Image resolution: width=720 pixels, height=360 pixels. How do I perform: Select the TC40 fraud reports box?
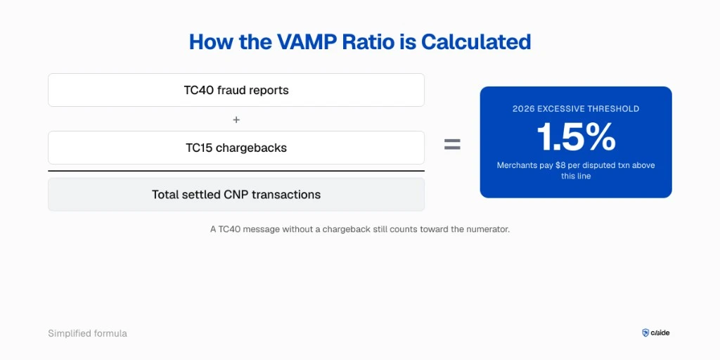pos(236,90)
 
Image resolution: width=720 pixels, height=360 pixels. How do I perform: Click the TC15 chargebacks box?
pos(236,148)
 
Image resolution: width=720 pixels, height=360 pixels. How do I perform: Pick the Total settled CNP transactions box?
pos(236,195)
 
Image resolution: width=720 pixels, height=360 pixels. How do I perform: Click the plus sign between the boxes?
pos(236,120)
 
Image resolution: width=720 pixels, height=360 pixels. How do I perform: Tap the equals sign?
pos(452,144)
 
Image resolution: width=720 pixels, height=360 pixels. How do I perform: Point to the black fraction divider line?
pos(236,171)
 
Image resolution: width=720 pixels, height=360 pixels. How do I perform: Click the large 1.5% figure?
pos(576,137)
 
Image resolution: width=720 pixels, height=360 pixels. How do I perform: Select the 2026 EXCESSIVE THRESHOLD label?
pos(576,109)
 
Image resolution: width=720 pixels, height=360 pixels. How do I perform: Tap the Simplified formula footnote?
pos(87,333)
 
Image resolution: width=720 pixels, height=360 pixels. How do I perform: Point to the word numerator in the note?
pos(486,229)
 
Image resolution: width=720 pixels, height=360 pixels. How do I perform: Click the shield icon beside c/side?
pos(645,333)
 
